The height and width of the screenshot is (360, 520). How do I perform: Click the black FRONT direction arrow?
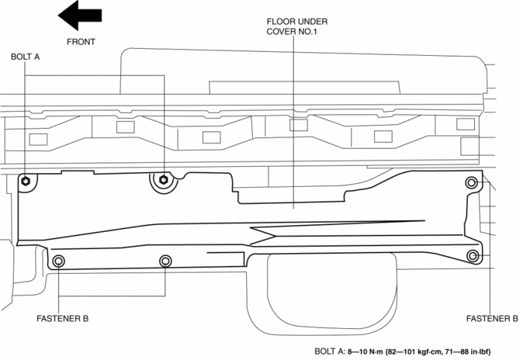(80, 15)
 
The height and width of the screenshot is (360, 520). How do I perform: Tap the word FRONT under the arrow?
(81, 42)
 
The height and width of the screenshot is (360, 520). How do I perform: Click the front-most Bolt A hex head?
(27, 182)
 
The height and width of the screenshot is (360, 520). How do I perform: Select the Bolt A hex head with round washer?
(163, 182)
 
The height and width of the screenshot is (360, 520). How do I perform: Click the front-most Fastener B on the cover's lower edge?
(60, 261)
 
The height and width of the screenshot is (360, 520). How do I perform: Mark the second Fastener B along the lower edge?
(165, 261)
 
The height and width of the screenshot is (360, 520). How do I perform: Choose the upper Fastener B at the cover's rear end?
(470, 183)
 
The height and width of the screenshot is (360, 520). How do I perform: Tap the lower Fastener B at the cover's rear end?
(471, 255)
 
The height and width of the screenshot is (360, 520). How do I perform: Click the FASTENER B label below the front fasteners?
(63, 318)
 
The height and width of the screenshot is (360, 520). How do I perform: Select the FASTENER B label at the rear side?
(492, 318)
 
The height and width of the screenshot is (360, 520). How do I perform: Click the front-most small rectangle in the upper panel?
(37, 140)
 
